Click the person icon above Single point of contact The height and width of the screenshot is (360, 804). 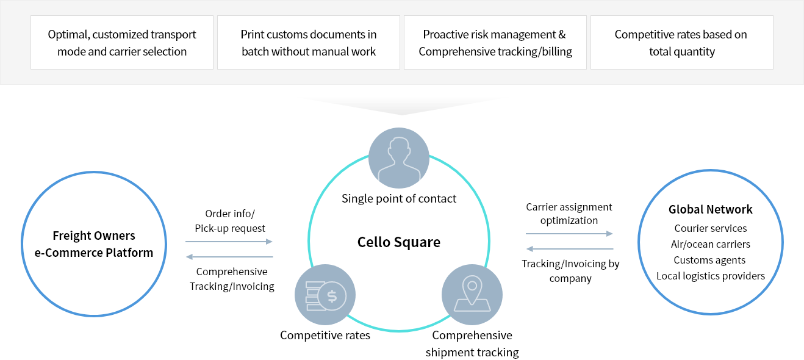399,158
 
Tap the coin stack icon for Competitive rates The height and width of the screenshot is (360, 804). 325,295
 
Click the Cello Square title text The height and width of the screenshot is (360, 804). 399,242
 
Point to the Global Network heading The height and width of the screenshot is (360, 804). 711,209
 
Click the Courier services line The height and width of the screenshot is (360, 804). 711,228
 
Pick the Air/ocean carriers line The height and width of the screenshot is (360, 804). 711,244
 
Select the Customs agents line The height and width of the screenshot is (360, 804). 711,260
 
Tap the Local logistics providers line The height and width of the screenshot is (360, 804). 711,276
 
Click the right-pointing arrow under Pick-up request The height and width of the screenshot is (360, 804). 229,242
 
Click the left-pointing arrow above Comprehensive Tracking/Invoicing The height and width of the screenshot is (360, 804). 229,257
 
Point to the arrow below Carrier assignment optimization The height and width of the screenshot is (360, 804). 569,233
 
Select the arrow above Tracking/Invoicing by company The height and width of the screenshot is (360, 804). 569,249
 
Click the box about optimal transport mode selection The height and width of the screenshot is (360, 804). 122,43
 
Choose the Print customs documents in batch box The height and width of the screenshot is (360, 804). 309,43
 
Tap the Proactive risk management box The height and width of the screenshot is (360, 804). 495,43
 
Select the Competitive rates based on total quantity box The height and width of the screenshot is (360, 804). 681,43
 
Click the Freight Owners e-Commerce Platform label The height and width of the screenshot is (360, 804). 94,244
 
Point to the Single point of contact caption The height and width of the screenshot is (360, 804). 399,198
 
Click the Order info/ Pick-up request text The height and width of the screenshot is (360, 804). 230,221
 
